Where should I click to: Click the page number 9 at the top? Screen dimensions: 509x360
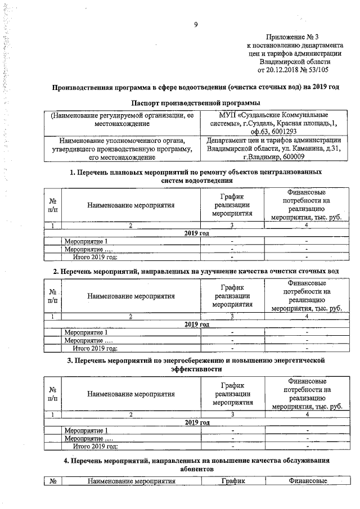coord(195,24)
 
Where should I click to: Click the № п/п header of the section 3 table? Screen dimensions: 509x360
coord(52,394)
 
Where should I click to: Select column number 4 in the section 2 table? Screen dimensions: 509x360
coord(307,317)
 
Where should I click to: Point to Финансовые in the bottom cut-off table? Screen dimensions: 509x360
coord(307,481)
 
